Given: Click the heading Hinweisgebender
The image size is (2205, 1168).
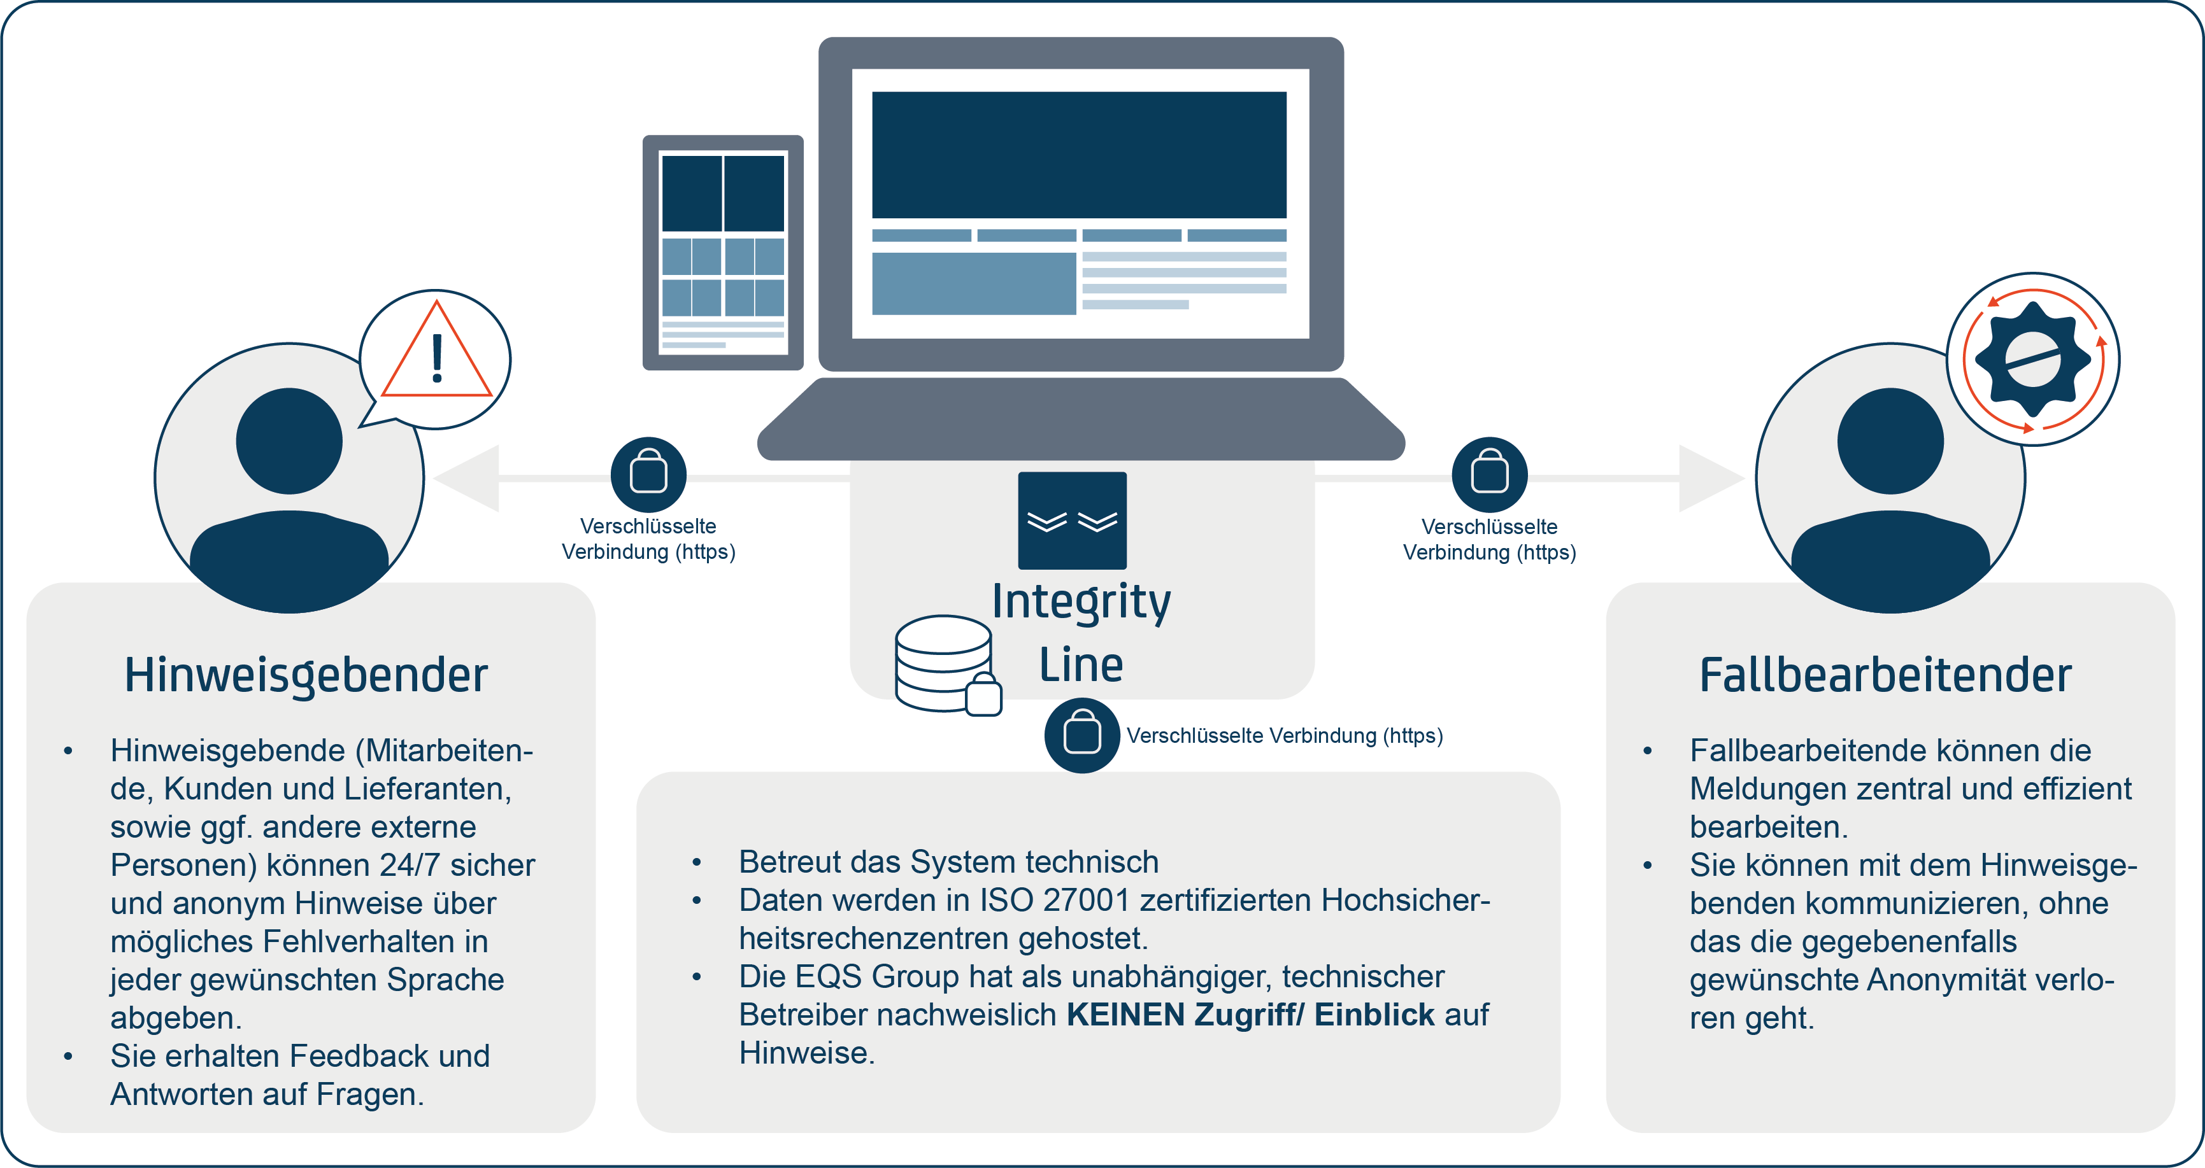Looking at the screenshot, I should pos(306,675).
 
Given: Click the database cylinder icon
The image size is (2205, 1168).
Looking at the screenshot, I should pos(943,663).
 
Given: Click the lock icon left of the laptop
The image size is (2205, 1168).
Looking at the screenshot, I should pos(648,474).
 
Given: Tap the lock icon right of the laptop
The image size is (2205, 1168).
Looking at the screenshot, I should pos(1489,474).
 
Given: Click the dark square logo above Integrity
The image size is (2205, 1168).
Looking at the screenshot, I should pos(1072,520).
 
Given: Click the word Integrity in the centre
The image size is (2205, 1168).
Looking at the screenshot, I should pos(1081,602).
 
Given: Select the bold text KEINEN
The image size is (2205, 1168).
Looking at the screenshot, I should pos(1125,1015).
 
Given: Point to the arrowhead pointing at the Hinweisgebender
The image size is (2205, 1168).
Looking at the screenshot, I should pos(466,478).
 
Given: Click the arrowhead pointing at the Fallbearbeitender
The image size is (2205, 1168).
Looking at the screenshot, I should pos(1710,478).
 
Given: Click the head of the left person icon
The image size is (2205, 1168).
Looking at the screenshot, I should pos(289,440).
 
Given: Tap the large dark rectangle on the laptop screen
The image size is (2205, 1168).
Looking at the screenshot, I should pos(1078,155).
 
